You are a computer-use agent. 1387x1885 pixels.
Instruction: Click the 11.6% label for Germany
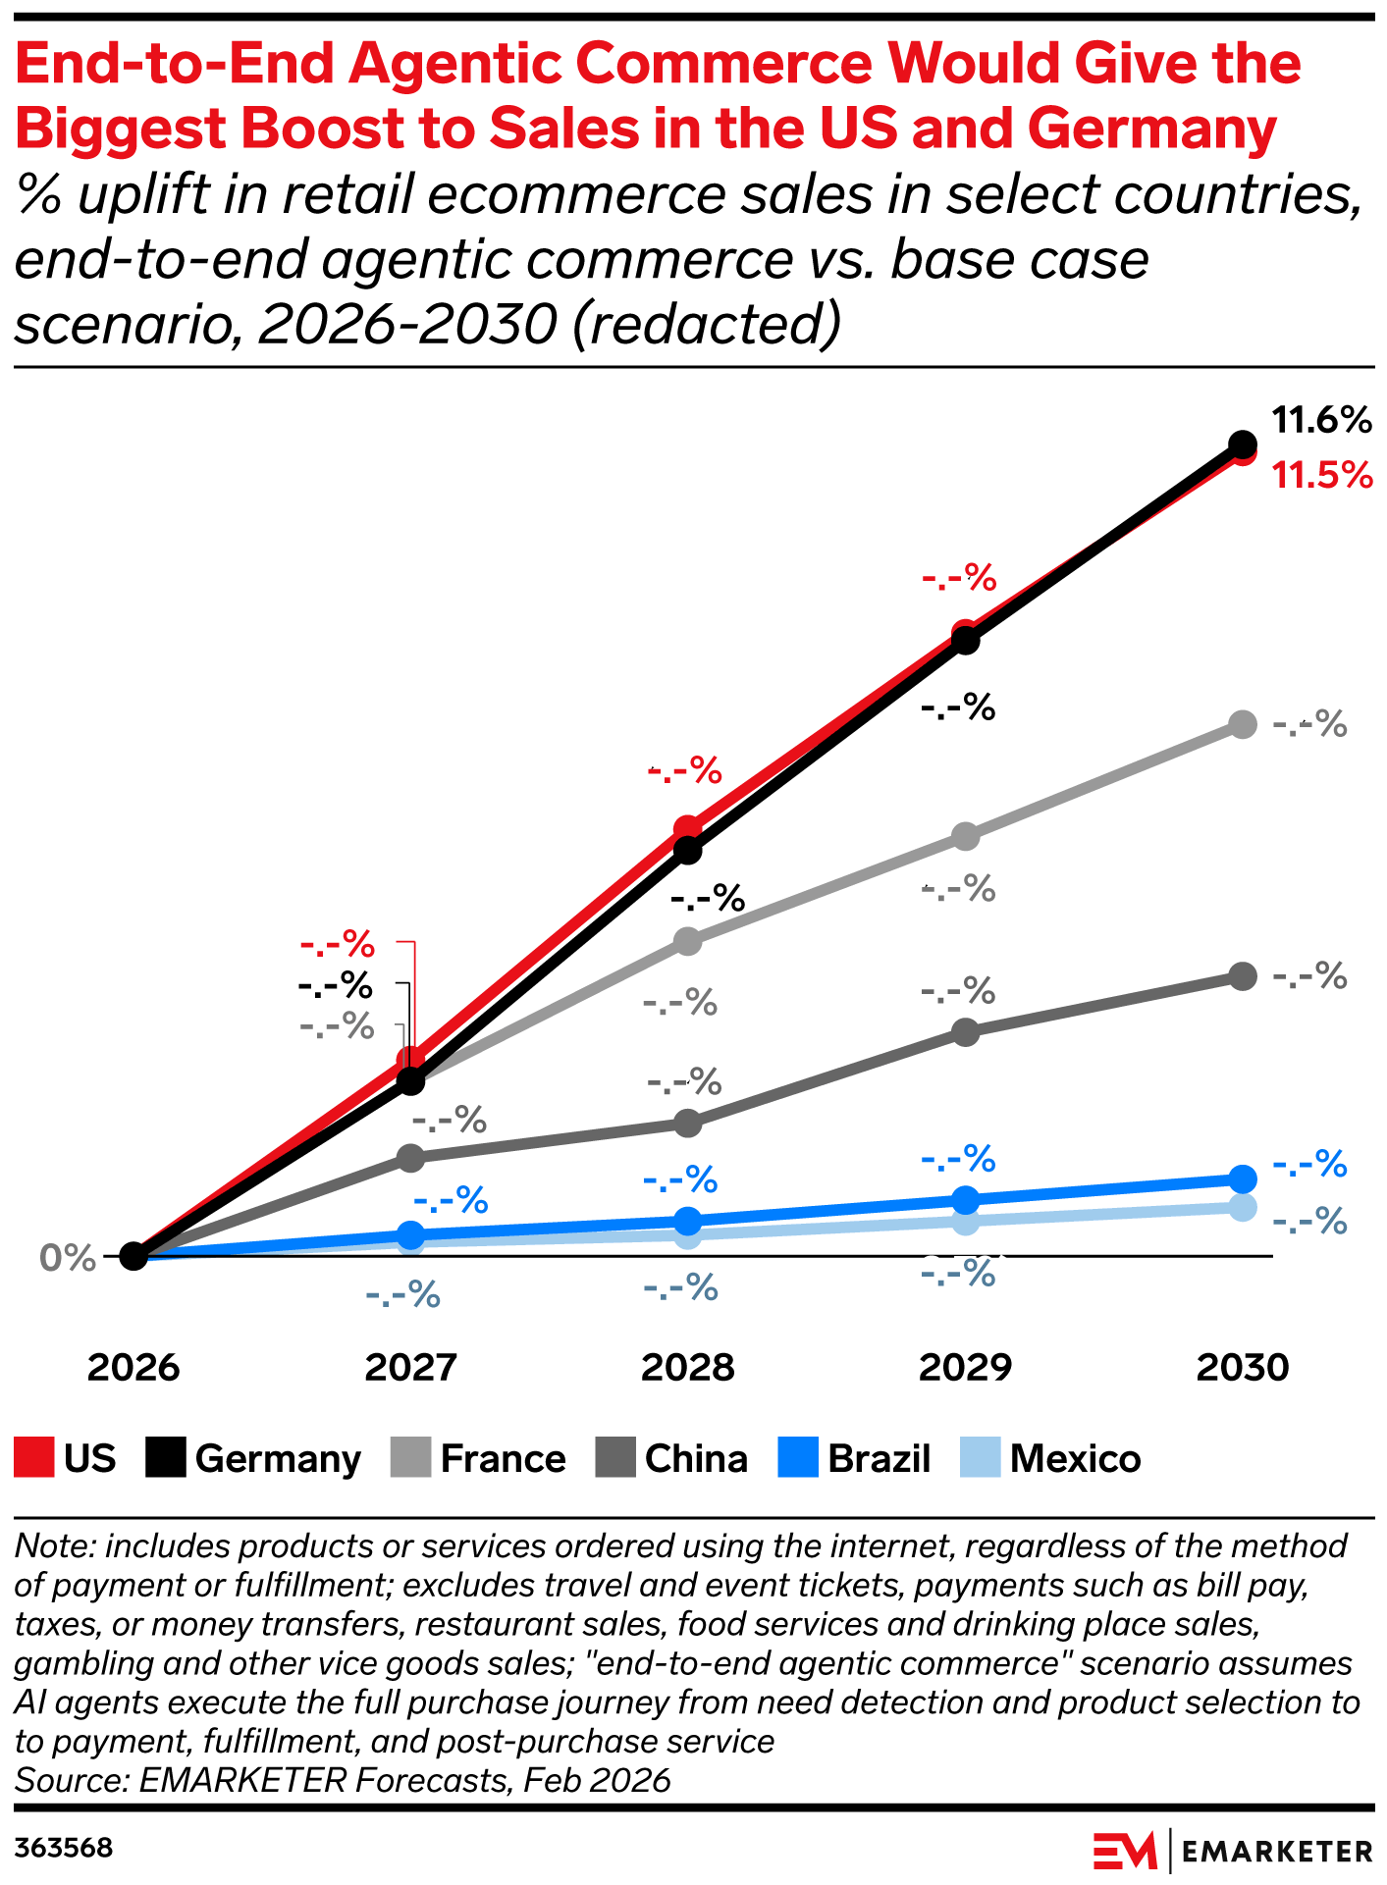click(1320, 421)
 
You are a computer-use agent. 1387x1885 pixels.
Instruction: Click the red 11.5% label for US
click(1321, 476)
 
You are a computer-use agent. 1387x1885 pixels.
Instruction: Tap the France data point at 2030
click(1243, 725)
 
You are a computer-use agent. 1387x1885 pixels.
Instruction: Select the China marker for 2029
click(966, 1032)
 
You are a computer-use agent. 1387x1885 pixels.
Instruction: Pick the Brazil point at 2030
click(1243, 1178)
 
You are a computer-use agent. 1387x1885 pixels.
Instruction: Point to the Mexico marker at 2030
click(1243, 1207)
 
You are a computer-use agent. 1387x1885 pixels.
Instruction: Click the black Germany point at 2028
click(688, 850)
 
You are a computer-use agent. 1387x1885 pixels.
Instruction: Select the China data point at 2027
click(411, 1158)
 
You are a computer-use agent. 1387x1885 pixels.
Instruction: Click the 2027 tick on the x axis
click(411, 1367)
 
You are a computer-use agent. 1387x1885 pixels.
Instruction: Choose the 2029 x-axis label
click(966, 1367)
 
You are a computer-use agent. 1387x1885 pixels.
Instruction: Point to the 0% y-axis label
click(68, 1258)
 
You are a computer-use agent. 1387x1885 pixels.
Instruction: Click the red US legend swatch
click(33, 1458)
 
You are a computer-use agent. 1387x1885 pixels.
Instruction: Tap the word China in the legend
click(696, 1459)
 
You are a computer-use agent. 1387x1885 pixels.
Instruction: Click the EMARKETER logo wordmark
click(1277, 1852)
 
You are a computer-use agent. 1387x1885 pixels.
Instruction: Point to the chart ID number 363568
click(64, 1849)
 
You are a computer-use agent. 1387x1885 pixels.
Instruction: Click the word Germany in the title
click(1152, 129)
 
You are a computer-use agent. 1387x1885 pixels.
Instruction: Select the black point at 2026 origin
click(133, 1255)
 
